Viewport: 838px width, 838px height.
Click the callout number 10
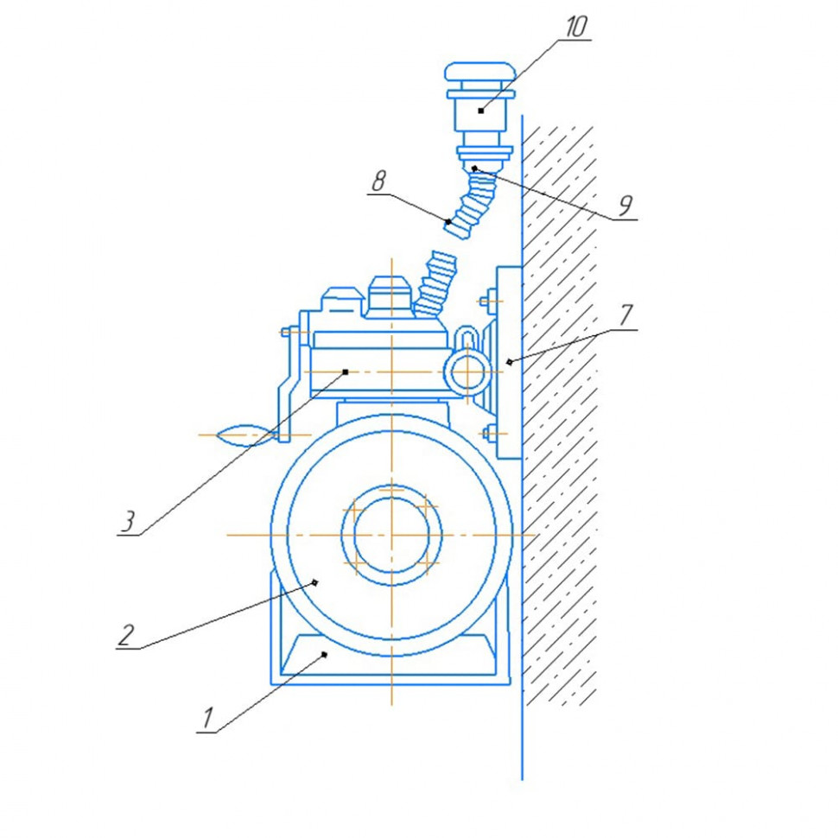tap(575, 27)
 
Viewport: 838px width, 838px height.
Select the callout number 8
tap(378, 182)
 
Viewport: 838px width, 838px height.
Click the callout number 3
tap(127, 522)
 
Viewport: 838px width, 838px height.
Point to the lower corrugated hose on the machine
tap(435, 283)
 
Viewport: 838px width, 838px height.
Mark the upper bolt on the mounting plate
tap(488, 303)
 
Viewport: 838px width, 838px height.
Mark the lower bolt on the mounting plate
tap(489, 432)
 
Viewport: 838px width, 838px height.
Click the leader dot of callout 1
tap(325, 656)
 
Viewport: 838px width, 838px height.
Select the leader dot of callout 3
tap(345, 372)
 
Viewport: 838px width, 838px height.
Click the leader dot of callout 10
tap(480, 111)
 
